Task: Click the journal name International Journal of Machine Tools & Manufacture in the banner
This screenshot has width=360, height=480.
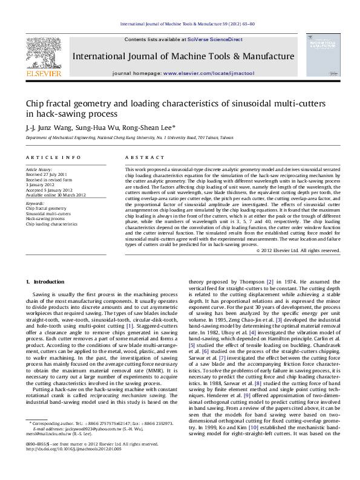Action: coord(183,56)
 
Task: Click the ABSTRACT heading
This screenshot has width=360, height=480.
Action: coord(140,157)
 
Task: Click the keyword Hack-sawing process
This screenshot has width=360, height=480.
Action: coord(46,218)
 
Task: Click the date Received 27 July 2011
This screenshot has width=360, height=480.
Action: coord(47,175)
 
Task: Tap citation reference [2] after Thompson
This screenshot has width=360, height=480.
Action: coord(270,282)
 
